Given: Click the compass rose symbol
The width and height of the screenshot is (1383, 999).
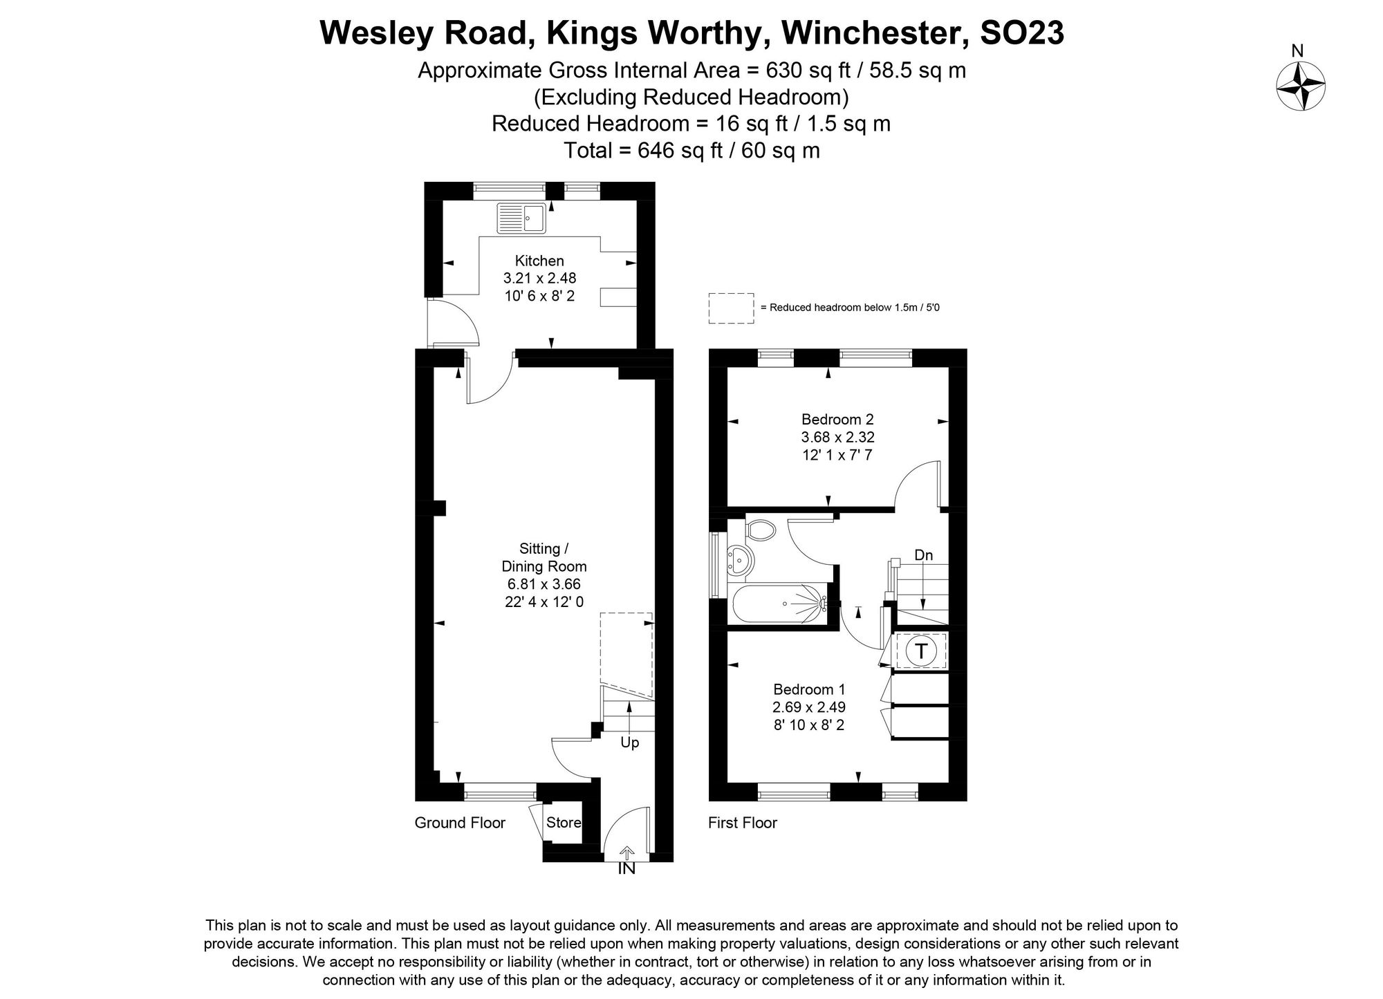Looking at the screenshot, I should point(1300,86).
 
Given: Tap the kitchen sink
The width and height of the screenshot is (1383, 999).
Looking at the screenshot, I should point(521,218).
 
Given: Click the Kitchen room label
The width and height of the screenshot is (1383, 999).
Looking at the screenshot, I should point(539,261).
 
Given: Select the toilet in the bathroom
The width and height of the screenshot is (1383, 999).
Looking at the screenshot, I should point(761,531).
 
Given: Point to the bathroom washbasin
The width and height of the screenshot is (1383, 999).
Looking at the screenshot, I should point(740,559).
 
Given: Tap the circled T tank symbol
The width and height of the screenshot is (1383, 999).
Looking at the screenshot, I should point(921,651).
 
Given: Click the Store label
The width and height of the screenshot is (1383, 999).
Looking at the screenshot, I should point(564,823).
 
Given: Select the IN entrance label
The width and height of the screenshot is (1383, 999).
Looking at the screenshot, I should point(626,869).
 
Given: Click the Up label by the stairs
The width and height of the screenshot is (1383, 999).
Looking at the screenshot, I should point(629,743).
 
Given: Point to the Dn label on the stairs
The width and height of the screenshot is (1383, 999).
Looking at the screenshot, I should point(923,555).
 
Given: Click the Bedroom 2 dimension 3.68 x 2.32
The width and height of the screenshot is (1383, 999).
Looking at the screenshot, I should point(837,437).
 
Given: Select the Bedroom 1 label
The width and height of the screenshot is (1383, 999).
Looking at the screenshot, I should point(809,689).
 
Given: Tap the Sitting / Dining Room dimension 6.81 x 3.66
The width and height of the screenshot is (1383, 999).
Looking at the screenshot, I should point(544,584).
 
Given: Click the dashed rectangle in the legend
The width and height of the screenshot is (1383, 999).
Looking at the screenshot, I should point(731,308).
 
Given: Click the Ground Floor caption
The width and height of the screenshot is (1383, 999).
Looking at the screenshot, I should point(460,823).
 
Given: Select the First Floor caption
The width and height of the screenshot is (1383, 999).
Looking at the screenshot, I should point(743,823).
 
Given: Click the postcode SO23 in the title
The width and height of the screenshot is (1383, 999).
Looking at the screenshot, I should point(1022,32).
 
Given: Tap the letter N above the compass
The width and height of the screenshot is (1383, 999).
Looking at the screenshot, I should point(1298,51).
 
